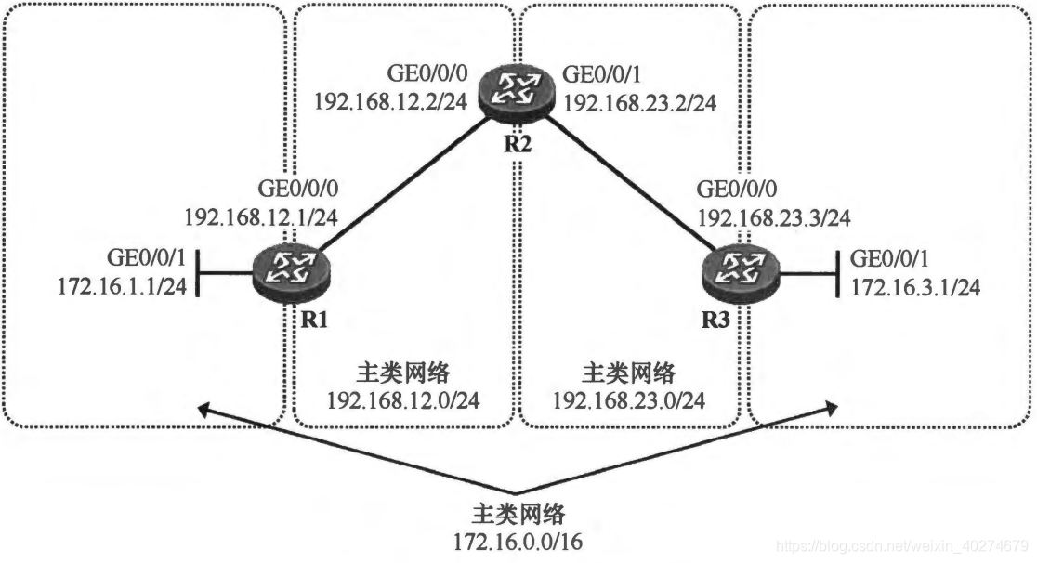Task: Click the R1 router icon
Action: [x=291, y=269]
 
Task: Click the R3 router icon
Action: [x=742, y=270]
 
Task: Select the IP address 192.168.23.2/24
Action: [x=643, y=99]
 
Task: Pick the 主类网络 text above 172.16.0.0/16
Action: [x=517, y=515]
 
